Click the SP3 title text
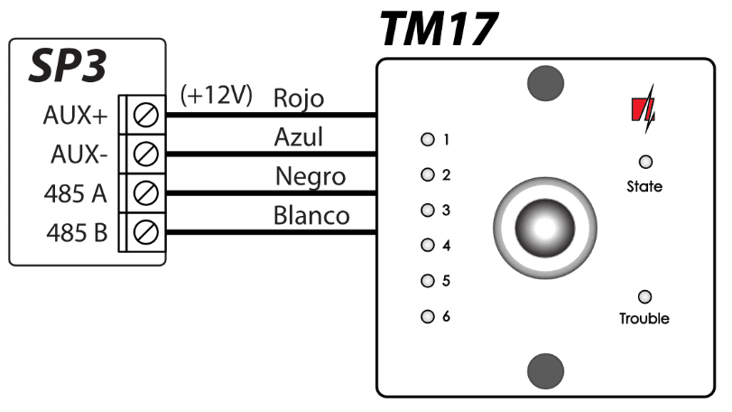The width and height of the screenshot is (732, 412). [x=68, y=66]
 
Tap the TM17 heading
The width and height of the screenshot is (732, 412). [x=439, y=29]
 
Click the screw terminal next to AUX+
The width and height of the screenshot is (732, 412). [x=146, y=116]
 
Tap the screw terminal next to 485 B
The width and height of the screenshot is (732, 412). [x=146, y=233]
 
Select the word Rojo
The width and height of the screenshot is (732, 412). [x=298, y=98]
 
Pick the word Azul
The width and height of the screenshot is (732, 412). [x=298, y=137]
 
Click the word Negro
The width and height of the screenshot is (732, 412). [x=310, y=176]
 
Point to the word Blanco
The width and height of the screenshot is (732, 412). [x=311, y=216]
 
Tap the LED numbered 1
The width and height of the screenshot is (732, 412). [x=428, y=139]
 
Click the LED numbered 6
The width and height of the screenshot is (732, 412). [x=428, y=316]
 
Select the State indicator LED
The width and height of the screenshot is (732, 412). [x=644, y=162]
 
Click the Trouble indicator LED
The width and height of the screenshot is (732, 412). [x=644, y=296]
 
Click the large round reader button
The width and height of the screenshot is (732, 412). [x=545, y=228]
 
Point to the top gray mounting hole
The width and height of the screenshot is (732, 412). [x=545, y=84]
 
